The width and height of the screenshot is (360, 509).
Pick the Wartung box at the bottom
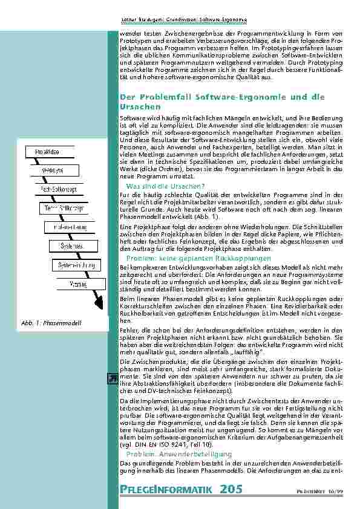(77, 284)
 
